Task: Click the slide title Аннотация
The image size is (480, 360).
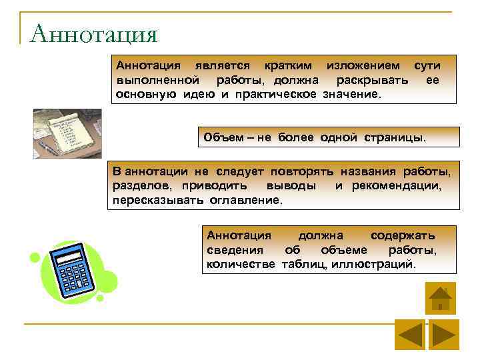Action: [x=93, y=33]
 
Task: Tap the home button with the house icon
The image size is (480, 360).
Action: [x=440, y=298]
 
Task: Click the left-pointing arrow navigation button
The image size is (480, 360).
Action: [x=409, y=334]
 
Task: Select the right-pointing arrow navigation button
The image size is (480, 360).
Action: [x=443, y=334]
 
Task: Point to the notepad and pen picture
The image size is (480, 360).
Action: [x=67, y=133]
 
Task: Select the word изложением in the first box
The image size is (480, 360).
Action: [x=363, y=65]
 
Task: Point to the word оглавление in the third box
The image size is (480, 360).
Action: [x=246, y=199]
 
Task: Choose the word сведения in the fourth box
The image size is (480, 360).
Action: [x=235, y=250]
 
